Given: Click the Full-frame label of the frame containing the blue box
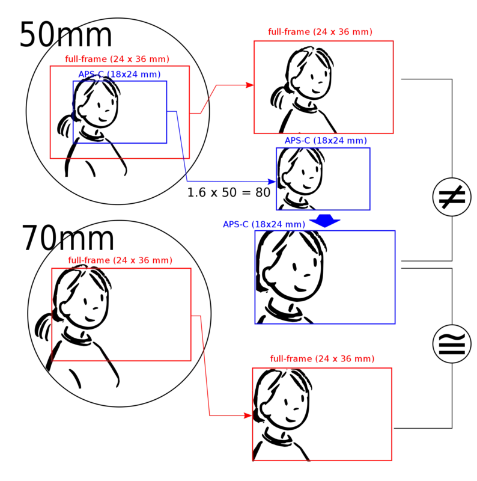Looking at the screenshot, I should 117,59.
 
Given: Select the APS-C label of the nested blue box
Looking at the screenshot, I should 120,74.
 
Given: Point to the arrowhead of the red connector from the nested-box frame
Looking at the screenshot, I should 248,85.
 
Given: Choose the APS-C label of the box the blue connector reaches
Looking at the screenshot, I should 325,140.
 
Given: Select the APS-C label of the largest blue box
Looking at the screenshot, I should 264,225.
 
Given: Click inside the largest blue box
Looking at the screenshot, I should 326,277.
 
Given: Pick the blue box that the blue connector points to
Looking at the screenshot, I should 323,179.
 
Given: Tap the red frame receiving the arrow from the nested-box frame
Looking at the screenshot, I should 323,86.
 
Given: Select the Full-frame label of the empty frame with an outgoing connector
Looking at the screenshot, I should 120,260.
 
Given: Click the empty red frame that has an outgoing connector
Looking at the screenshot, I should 121,314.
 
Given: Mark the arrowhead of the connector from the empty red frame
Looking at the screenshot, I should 247,415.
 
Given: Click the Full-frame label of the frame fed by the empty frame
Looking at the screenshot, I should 322,359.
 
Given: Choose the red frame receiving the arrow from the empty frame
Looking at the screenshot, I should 322,414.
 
